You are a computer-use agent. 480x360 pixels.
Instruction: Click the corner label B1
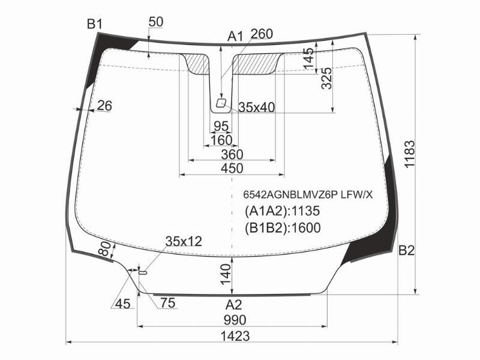pyautogui.click(x=95, y=24)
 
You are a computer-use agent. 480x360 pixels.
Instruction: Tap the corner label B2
pyautogui.click(x=407, y=251)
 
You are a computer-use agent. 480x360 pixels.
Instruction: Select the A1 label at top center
pyautogui.click(x=235, y=37)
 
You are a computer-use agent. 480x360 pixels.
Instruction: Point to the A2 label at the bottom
pyautogui.click(x=233, y=305)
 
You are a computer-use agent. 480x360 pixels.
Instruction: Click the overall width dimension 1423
pyautogui.click(x=235, y=336)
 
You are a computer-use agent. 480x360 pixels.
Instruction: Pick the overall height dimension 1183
pyautogui.click(x=410, y=154)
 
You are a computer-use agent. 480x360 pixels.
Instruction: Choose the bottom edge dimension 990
pyautogui.click(x=235, y=320)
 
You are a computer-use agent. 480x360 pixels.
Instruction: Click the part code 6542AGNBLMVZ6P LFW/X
pyautogui.click(x=308, y=194)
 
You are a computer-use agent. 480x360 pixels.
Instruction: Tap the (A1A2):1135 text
pyautogui.click(x=282, y=211)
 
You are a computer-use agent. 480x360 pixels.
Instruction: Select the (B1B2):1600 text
pyautogui.click(x=283, y=228)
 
